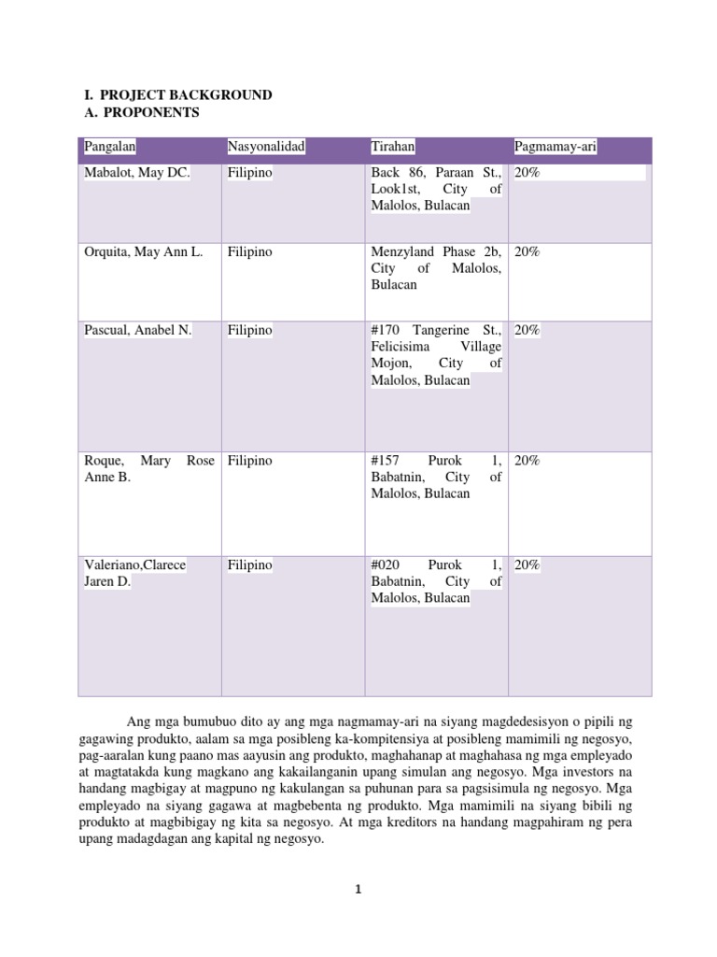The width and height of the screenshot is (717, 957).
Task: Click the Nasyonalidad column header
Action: coord(266,147)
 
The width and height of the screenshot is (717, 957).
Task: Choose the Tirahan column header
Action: coord(393,147)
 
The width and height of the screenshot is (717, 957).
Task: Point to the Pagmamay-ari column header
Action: coord(555,147)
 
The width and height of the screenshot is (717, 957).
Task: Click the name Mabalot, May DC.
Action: coord(137,174)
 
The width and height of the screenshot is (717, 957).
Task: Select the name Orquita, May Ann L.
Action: coord(143,252)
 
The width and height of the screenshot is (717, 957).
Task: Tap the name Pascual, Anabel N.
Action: coord(137,331)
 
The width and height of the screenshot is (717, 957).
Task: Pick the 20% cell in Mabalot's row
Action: coord(527,174)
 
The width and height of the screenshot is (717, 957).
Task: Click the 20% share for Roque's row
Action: coord(527,461)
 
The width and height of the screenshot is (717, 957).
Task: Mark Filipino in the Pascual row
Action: coord(249,331)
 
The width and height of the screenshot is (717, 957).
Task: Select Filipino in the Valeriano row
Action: coord(249,565)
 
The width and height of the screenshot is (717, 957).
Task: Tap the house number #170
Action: coord(387,331)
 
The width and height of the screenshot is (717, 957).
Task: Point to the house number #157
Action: coord(387,461)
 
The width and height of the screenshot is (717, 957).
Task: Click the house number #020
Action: coord(387,565)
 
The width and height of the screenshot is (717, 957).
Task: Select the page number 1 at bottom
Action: coord(358,891)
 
